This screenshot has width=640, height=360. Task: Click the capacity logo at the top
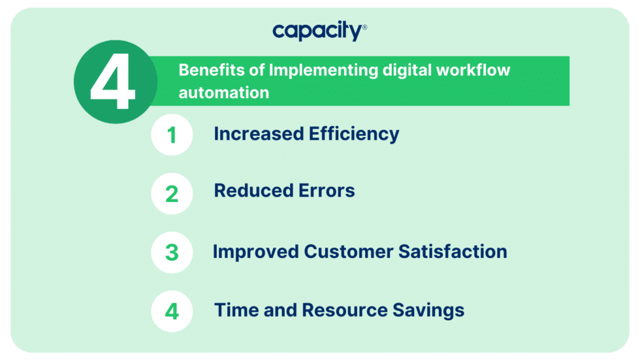coord(319,31)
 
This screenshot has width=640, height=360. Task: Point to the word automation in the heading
coord(224,93)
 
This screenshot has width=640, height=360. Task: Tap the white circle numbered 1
coord(172,136)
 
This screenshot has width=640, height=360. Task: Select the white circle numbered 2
coord(172,193)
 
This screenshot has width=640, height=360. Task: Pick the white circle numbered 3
coord(172,252)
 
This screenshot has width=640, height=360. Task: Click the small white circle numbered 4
coord(172,311)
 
